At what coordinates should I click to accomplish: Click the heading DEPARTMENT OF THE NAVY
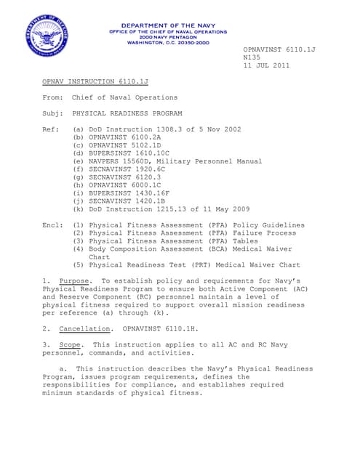tap(167, 25)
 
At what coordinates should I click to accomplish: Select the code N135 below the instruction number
tap(252, 57)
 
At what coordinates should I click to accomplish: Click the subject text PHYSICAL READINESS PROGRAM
tap(127, 113)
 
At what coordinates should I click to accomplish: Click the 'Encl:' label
tap(54, 225)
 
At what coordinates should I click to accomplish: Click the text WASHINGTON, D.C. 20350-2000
tap(168, 43)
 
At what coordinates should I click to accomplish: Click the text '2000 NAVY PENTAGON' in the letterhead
tap(167, 37)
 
